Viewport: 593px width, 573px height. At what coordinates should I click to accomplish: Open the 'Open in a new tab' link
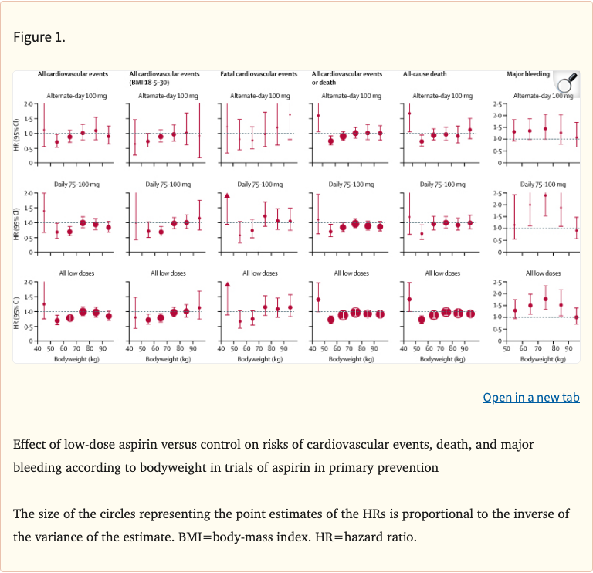coord(530,397)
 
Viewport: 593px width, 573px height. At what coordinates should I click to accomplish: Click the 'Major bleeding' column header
coord(528,74)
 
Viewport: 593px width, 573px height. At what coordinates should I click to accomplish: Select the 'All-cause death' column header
coord(425,74)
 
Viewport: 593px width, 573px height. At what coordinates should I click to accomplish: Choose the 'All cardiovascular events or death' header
coord(346,77)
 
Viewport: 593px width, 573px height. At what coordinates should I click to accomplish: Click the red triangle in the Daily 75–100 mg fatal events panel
coord(227,195)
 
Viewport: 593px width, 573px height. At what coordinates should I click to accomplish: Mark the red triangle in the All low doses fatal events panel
coord(227,285)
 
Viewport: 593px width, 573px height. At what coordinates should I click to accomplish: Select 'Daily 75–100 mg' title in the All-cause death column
coord(442,184)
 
